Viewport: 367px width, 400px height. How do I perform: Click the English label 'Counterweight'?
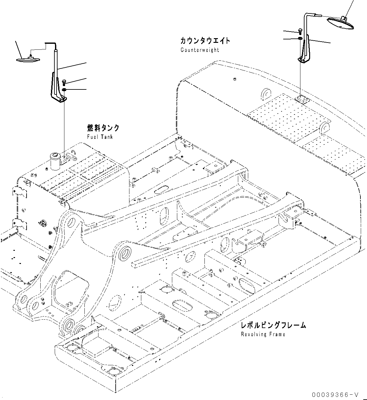point(200,50)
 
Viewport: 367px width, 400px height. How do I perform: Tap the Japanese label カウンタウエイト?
point(205,41)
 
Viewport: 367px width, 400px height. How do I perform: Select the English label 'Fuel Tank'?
point(100,137)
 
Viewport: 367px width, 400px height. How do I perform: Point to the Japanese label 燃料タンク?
point(103,128)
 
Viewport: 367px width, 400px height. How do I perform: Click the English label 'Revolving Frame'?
point(263,334)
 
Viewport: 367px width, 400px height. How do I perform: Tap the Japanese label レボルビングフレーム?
point(273,325)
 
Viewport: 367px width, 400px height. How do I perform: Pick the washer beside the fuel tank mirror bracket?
point(64,90)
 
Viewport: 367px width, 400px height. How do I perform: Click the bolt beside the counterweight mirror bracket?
point(300,31)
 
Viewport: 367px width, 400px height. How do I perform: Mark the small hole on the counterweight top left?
point(234,79)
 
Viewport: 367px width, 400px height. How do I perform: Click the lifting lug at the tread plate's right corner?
point(324,128)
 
